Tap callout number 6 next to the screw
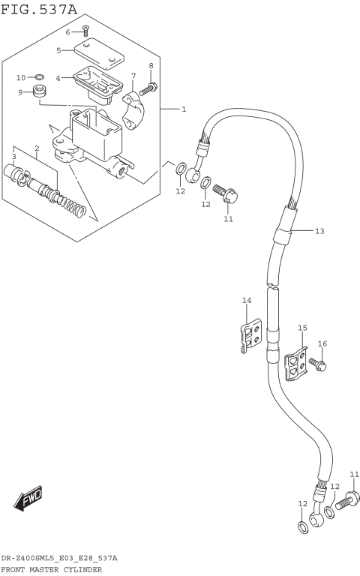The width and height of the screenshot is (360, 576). [67, 32]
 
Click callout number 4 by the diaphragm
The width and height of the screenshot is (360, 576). [58, 77]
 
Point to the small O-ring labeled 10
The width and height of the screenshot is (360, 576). [39, 77]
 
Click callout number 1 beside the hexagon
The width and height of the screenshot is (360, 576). [183, 109]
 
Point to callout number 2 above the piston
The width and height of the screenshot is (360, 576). [36, 148]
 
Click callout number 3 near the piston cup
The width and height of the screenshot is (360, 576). [13, 156]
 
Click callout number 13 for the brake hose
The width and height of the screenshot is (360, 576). [319, 231]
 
